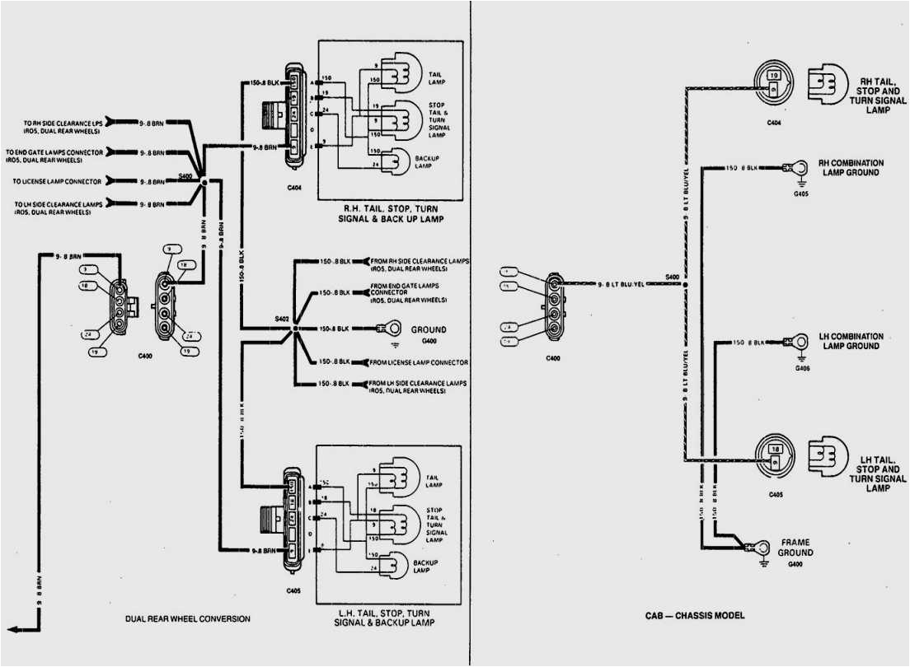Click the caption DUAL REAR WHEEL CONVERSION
(187, 618)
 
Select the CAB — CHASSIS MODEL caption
(695, 615)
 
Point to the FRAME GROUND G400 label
(795, 548)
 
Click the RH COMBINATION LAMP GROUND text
(850, 168)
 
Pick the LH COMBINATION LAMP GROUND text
(850, 341)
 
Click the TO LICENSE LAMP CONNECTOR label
(57, 181)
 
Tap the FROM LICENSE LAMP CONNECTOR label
(419, 362)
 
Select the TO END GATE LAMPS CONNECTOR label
(55, 156)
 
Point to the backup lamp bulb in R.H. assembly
(399, 160)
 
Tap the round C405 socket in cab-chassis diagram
(774, 455)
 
